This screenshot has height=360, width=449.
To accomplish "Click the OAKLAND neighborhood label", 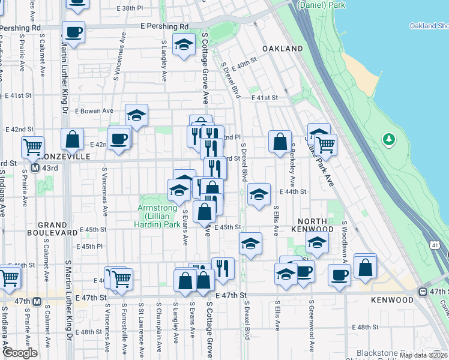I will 283,48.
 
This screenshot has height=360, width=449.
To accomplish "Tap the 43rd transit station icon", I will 36,167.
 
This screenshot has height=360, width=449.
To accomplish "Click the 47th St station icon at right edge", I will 423,292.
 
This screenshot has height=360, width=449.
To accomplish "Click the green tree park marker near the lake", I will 390,140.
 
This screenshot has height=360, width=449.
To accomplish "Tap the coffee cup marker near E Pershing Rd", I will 73,32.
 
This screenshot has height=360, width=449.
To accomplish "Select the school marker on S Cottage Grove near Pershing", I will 184,44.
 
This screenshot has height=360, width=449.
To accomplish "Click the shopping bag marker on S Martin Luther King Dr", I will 72,139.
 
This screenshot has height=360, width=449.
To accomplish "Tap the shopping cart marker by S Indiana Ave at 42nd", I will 32,146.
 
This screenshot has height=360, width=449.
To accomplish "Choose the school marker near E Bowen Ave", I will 137,115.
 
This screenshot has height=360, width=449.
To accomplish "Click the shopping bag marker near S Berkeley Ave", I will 280,142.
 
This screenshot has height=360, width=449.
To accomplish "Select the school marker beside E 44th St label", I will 258,194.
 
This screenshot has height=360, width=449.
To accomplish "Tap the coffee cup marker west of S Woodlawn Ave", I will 340,274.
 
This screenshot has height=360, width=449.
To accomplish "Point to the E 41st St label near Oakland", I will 265,97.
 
